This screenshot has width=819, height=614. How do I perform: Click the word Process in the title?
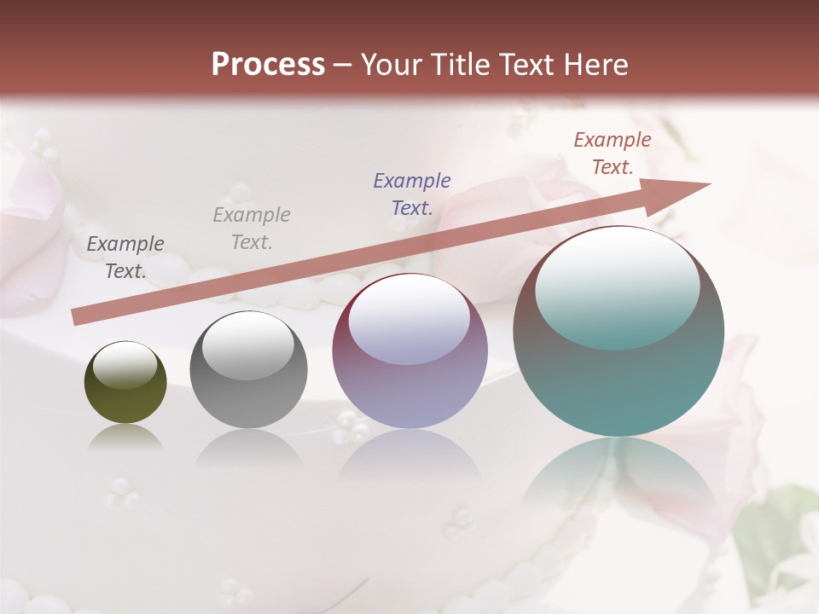[268, 65]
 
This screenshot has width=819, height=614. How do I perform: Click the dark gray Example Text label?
[125, 258]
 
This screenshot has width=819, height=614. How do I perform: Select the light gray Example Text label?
[252, 229]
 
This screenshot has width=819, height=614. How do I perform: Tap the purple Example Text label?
[412, 194]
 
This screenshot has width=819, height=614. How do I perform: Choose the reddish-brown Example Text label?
[613, 153]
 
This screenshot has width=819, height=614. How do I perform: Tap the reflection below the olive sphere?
[125, 439]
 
